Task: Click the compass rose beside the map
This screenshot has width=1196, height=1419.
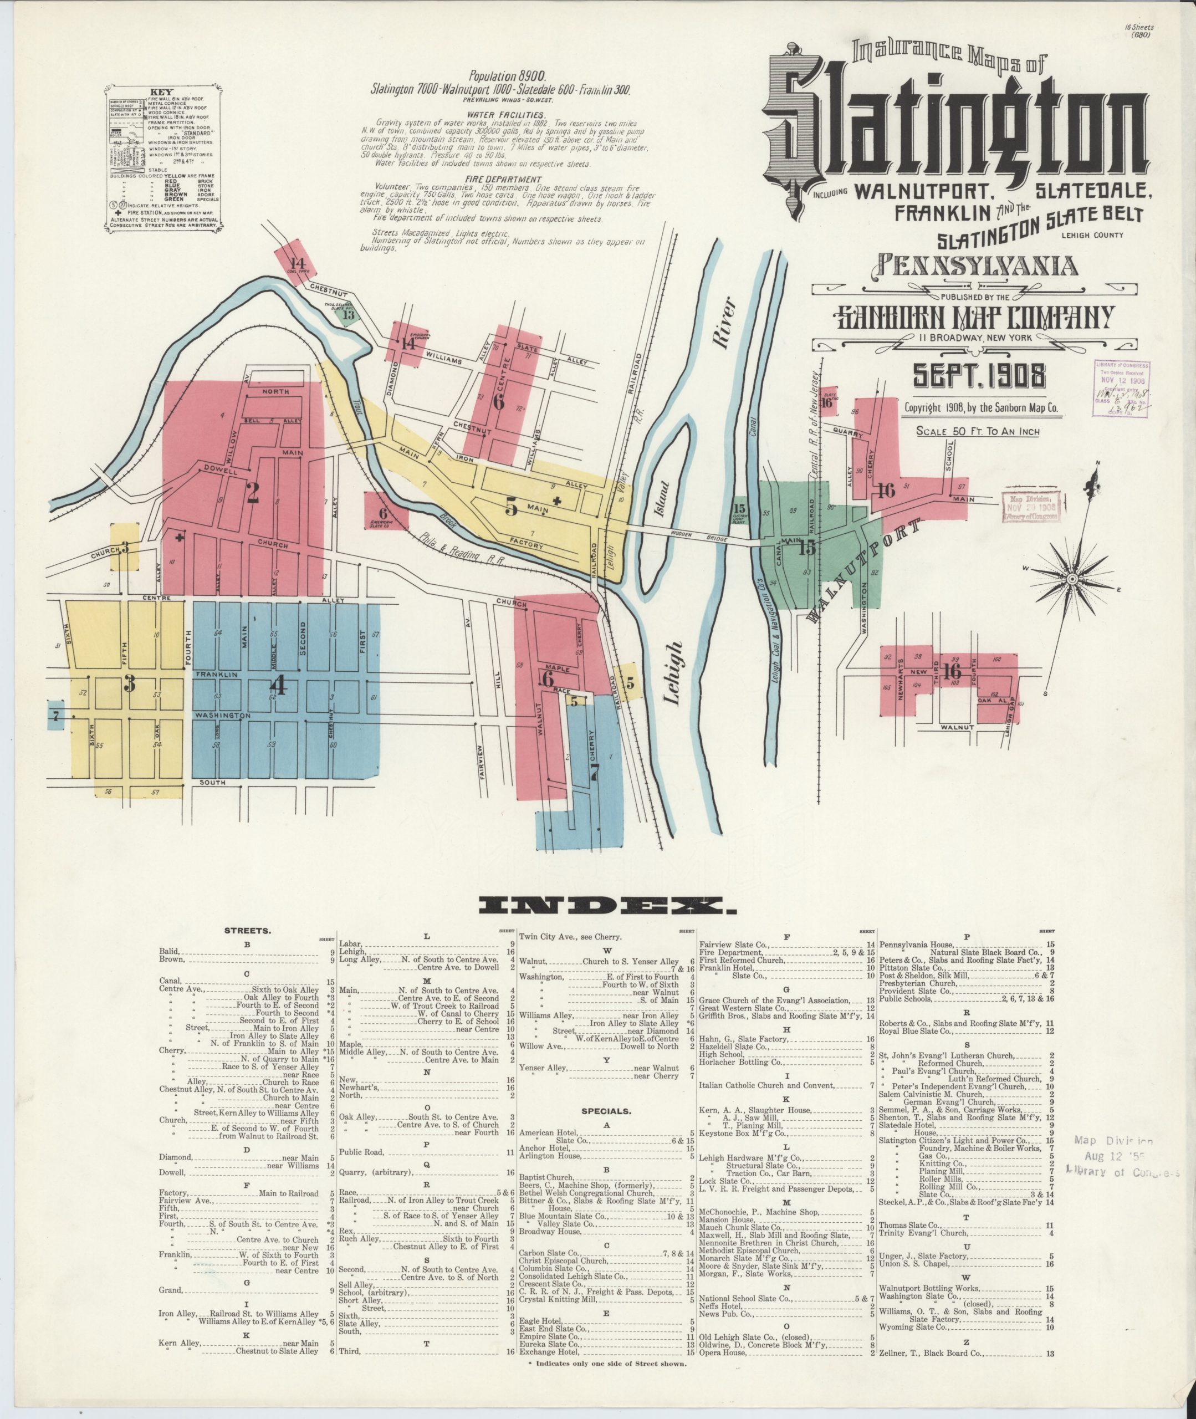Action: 1072,578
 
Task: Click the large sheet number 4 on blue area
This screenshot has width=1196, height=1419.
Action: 279,686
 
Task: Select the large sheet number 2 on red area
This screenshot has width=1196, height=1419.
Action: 252,493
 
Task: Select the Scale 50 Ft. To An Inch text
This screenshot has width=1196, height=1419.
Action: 978,431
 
